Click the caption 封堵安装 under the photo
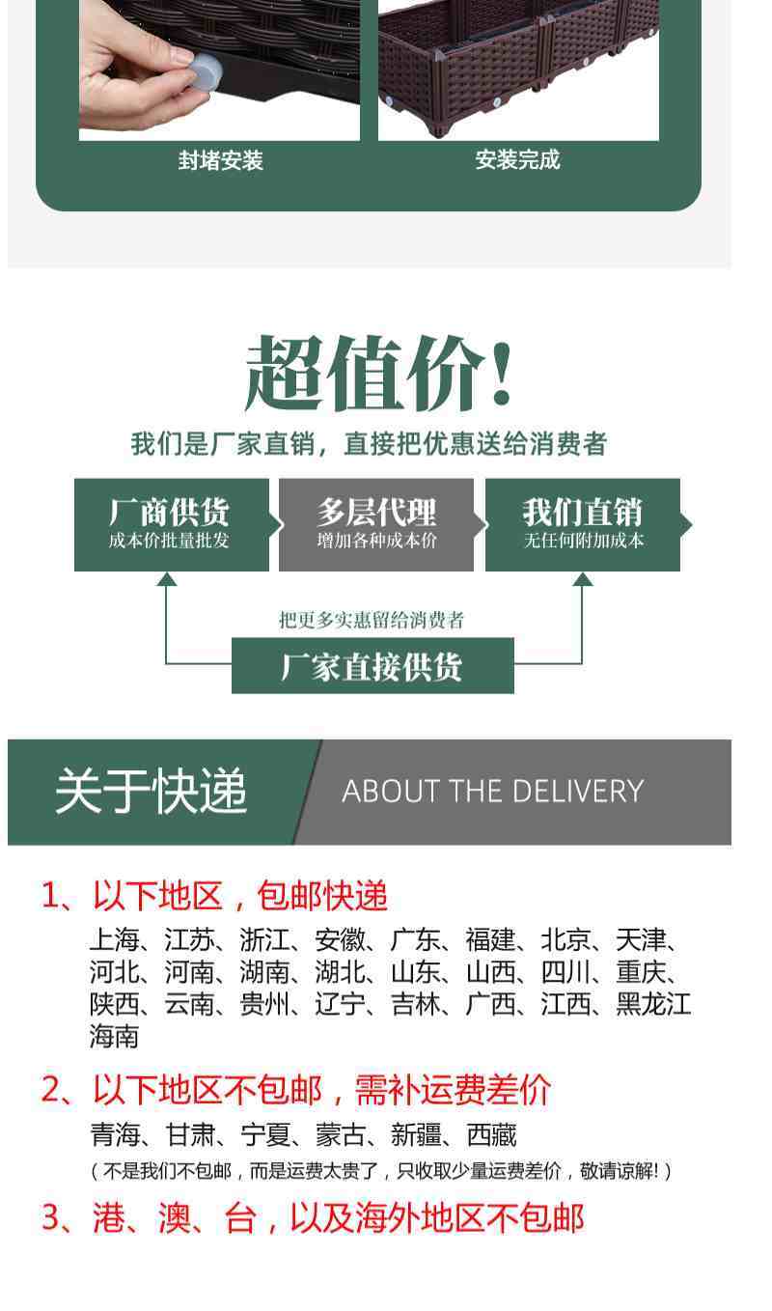pos(220,160)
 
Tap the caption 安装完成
pos(517,159)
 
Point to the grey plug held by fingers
pos(206,72)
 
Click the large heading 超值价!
pos(379,375)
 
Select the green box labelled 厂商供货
pos(171,524)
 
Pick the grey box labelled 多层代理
pos(376,524)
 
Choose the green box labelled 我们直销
pos(583,524)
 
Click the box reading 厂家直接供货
pos(372,666)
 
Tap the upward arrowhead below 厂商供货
pos(167,579)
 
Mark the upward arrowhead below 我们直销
pos(582,579)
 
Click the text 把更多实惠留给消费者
pos(372,620)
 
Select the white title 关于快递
pos(151,792)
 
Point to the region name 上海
pos(114,939)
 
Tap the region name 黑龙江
pos(653,1005)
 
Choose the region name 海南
pos(114,1037)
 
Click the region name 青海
pos(114,1135)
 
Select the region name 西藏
pos(491,1135)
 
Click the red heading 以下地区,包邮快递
pos(239,896)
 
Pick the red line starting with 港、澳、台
pos(313,1218)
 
